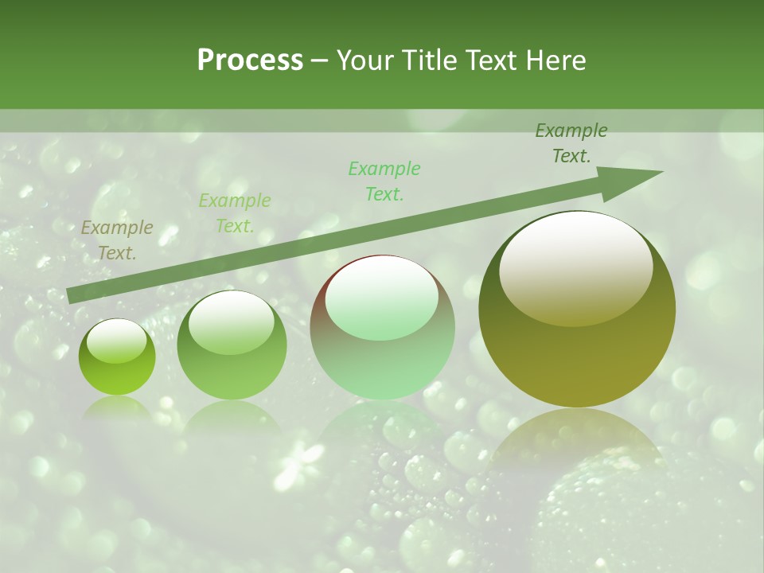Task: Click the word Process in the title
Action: (x=250, y=60)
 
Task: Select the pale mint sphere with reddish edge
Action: (x=382, y=327)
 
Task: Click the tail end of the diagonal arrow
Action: (x=70, y=296)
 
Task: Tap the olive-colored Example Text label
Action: (x=117, y=240)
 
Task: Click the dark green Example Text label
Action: (x=571, y=143)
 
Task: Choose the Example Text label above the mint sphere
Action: (x=384, y=181)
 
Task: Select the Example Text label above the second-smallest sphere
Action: (x=235, y=212)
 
